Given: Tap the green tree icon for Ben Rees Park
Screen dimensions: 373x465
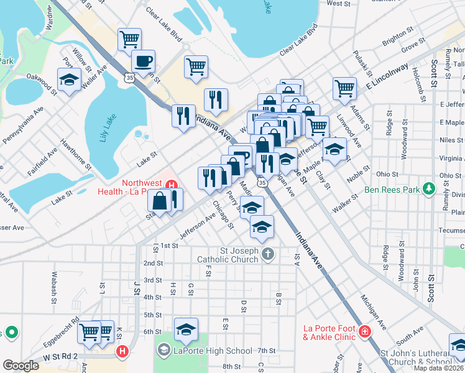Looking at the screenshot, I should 428,188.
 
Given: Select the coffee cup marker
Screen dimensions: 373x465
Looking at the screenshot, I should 143,62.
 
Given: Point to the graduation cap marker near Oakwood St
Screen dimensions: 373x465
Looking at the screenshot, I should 68,80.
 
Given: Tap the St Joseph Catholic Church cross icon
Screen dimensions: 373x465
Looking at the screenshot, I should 268,254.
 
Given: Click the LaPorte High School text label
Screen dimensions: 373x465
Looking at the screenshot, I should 213,351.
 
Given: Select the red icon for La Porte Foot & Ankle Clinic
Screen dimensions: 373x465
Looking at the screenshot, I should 363,333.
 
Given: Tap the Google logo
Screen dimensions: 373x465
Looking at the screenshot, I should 21,365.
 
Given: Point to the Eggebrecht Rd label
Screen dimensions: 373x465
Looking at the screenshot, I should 61,331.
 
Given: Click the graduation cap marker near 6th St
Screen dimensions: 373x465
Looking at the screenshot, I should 186,329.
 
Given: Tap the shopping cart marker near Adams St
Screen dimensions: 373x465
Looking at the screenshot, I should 344,88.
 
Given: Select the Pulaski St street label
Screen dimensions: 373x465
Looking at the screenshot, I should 359,61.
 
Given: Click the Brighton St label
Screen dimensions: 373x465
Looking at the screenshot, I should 398,36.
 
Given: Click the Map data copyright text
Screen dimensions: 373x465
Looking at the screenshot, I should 439,368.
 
